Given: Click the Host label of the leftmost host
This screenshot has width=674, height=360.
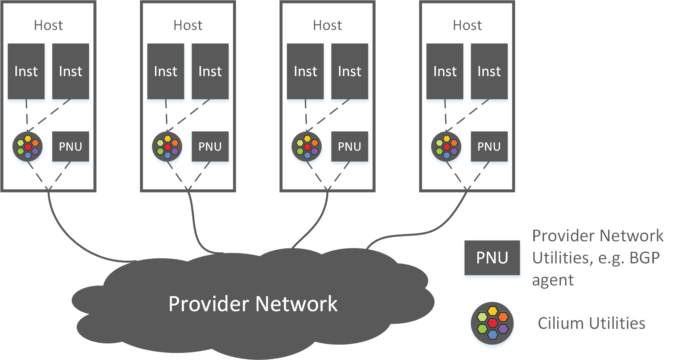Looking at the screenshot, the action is click(x=48, y=25).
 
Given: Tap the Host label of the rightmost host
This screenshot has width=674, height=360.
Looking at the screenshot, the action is click(x=467, y=25).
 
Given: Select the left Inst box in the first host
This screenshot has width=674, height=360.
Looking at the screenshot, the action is click(x=26, y=71).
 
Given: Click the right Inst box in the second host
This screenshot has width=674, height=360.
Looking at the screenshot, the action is click(x=210, y=71).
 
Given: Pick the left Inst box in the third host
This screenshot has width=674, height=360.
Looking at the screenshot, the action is click(x=305, y=71).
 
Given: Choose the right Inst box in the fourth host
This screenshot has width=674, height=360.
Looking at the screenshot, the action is click(x=489, y=71).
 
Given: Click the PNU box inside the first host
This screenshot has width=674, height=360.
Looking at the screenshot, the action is click(x=71, y=147).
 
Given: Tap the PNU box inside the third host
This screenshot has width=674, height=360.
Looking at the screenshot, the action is click(x=350, y=147).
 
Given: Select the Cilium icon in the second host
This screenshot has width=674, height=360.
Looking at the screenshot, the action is click(x=167, y=147).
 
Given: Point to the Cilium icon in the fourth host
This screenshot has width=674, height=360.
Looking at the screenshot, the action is click(x=446, y=147).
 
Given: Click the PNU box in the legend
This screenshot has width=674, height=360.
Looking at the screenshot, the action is click(x=492, y=257).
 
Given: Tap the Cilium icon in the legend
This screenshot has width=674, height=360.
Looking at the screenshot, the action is click(x=492, y=323).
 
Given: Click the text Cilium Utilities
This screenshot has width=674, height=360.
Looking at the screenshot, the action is click(x=592, y=323).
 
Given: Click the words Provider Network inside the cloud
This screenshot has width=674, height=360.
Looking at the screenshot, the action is click(x=253, y=303).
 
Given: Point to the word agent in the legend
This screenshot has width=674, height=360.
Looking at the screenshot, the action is click(x=553, y=281).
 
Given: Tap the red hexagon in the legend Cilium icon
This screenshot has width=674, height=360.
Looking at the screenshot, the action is click(x=493, y=323).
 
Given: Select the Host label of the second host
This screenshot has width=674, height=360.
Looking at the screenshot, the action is click(x=188, y=25).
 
